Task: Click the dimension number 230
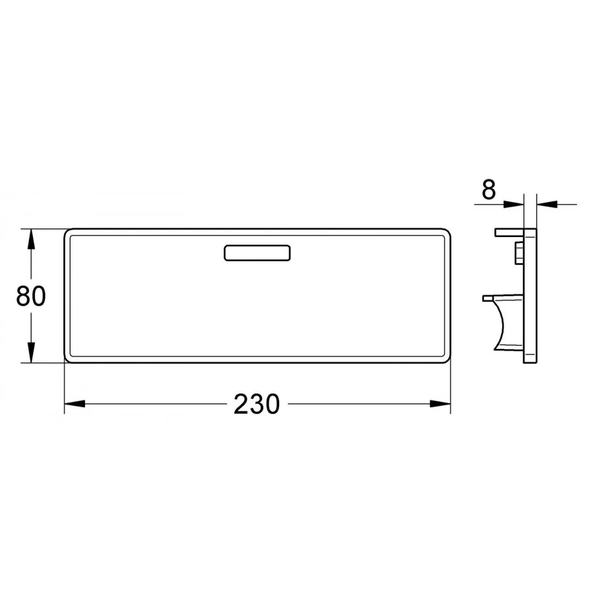(x=256, y=404)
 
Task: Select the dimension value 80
(x=30, y=296)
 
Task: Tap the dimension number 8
(x=488, y=190)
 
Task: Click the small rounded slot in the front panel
(x=257, y=253)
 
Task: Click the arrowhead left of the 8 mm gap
(x=514, y=204)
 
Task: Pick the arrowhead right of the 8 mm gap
(x=546, y=204)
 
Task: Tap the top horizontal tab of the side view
(x=508, y=232)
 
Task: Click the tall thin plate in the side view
(x=530, y=296)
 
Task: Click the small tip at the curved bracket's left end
(x=487, y=298)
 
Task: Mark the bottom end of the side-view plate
(x=530, y=360)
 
